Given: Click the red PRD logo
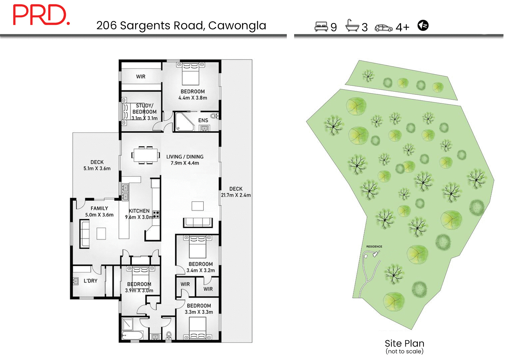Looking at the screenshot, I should point(41,15).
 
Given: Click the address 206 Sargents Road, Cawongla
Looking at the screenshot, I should point(181,26).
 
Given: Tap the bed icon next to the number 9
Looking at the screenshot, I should point(321,26).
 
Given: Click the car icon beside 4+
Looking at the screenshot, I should point(383,28).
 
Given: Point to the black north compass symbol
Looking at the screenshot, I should point(423,25).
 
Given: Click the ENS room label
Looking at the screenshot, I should point(203,120).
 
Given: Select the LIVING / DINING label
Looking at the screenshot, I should point(185,157).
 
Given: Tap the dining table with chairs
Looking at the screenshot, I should point(146,155).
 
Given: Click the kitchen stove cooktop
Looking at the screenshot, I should point(156,214).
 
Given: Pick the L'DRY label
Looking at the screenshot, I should point(91,281).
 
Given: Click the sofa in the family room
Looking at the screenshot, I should point(85,234).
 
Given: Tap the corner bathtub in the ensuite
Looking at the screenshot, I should point(184,122).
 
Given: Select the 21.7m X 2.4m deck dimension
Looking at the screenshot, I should point(236,195).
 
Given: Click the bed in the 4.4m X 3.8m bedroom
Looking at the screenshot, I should point(191,74).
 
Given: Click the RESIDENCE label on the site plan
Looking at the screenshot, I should point(374,247).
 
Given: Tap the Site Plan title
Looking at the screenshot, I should point(404,343).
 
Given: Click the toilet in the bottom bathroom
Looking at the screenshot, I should point(169,335).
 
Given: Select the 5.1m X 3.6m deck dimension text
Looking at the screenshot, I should point(97,169).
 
